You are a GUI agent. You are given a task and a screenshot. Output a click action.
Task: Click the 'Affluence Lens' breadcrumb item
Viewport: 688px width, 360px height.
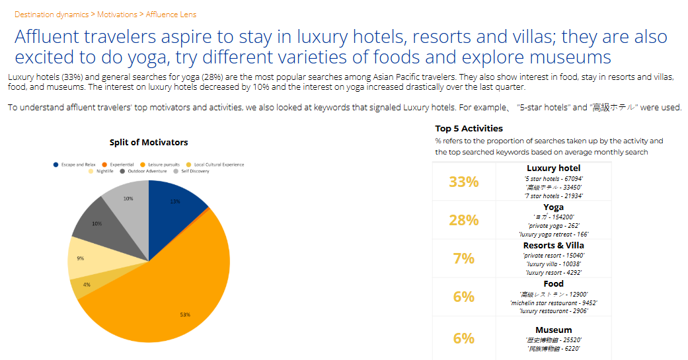171,14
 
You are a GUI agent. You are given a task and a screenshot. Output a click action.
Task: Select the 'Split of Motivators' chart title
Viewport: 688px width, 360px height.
149,142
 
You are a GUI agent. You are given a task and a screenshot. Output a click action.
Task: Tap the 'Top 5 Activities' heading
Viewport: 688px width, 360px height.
469,128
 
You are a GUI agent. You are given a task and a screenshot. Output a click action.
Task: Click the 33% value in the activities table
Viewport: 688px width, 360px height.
463,182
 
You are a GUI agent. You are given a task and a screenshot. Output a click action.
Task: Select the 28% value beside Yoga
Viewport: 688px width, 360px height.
463,220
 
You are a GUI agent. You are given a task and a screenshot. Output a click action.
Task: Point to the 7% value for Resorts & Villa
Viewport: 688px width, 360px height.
463,258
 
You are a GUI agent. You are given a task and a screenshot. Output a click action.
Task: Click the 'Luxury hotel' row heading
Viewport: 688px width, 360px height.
554,168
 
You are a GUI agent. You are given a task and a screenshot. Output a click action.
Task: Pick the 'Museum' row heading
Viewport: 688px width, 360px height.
554,330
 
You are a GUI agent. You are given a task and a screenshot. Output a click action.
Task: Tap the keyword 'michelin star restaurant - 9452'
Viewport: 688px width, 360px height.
554,303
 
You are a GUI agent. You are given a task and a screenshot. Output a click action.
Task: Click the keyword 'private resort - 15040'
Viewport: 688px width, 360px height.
554,255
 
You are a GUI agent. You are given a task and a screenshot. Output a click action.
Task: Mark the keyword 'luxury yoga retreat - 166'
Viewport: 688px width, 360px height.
554,234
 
